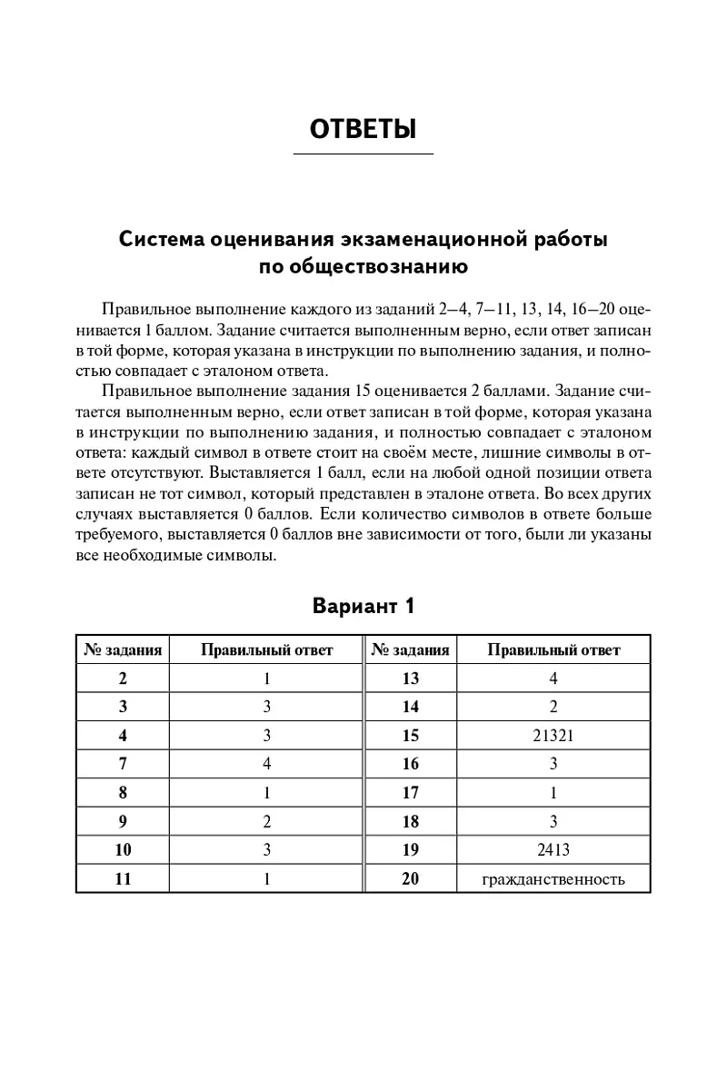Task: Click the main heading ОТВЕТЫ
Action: click(x=363, y=129)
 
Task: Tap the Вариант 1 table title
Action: click(x=363, y=606)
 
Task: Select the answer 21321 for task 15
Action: click(x=553, y=736)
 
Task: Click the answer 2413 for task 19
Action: click(x=553, y=850)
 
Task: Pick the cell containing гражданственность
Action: click(x=553, y=878)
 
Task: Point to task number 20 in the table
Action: click(x=411, y=878)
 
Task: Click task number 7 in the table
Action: click(x=123, y=764)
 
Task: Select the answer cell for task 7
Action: click(x=267, y=764)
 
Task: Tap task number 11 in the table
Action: click(x=123, y=878)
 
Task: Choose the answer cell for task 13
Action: click(x=553, y=679)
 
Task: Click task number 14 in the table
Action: click(x=411, y=707)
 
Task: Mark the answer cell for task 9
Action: click(x=267, y=821)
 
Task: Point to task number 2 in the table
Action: click(x=123, y=679)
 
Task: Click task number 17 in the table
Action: click(x=411, y=793)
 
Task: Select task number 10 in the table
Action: click(x=123, y=850)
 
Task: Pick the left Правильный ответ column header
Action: click(x=267, y=649)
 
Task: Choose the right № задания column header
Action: click(x=411, y=649)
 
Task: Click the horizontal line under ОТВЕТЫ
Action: click(x=363, y=154)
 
